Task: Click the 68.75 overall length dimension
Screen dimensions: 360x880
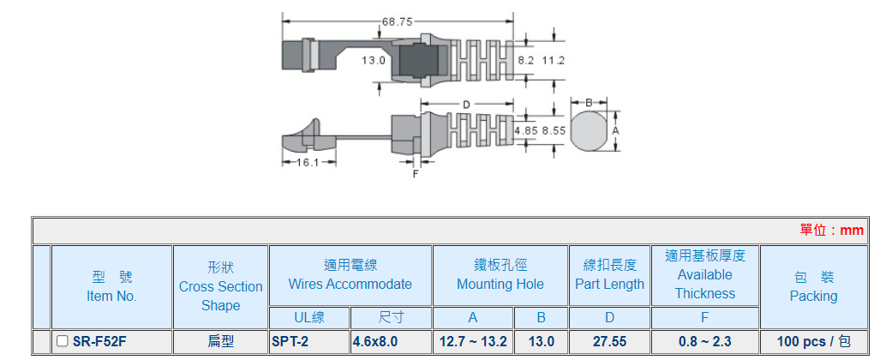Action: point(398,21)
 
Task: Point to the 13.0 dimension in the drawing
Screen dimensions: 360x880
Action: point(374,61)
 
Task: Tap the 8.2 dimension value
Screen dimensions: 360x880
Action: point(526,61)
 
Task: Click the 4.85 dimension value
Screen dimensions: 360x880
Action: point(526,130)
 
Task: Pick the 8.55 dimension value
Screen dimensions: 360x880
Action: point(554,130)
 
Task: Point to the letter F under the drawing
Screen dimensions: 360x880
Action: point(416,173)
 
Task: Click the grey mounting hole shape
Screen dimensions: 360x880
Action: point(589,130)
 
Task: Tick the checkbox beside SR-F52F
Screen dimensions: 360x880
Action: point(63,341)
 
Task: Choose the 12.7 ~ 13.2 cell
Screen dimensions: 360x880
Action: point(472,341)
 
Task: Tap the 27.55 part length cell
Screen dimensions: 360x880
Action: point(609,341)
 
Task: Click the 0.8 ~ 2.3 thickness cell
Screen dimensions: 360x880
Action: point(704,341)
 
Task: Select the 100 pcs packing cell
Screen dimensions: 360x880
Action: point(812,341)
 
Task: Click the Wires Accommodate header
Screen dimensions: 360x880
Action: point(350,275)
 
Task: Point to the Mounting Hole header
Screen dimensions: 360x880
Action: point(500,275)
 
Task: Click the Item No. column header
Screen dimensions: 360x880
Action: point(111,286)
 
